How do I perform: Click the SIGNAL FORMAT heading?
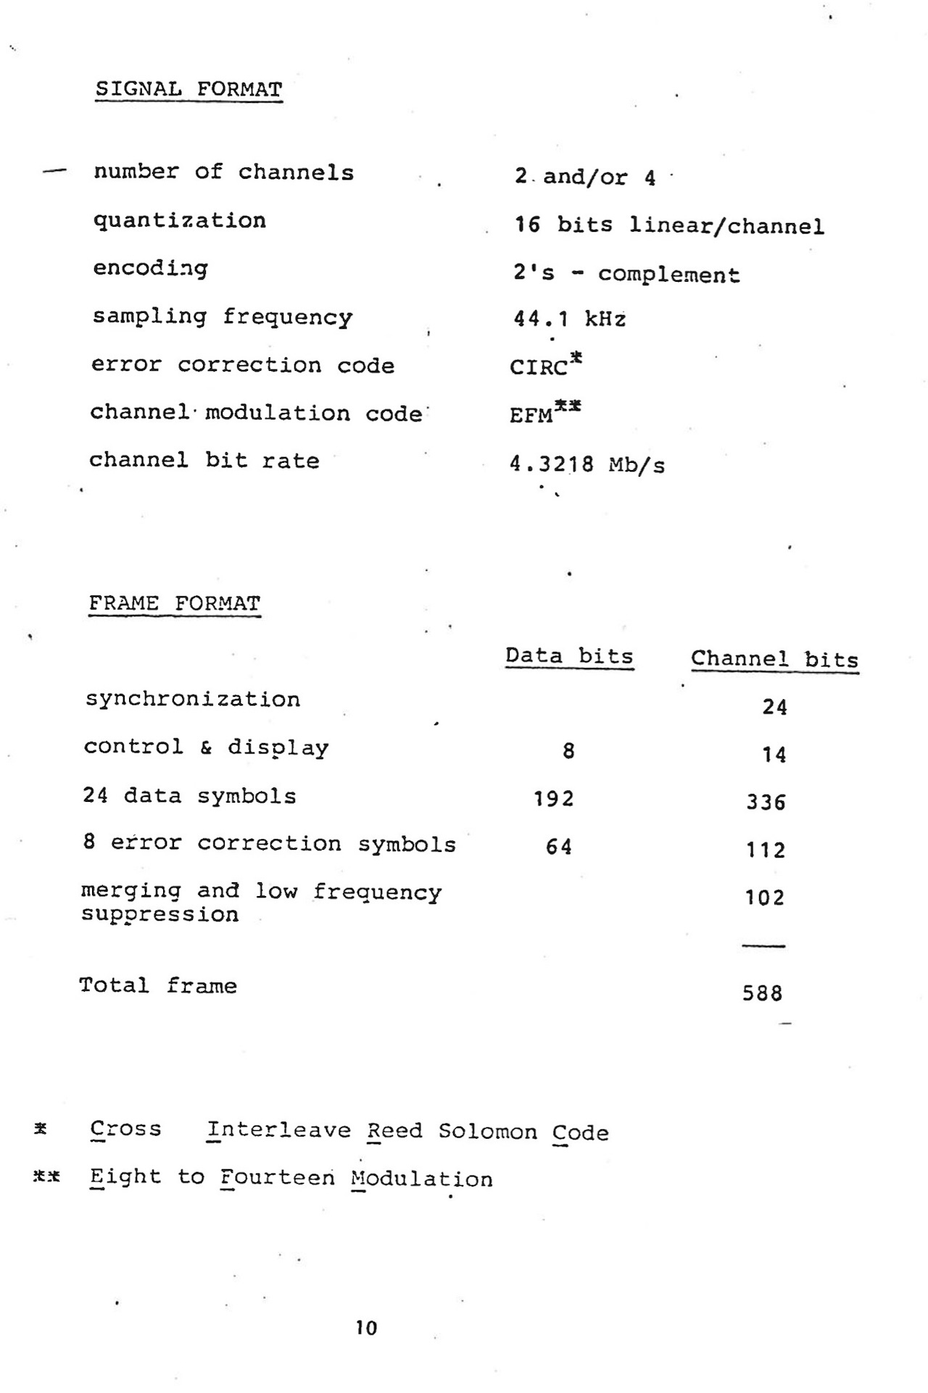coord(188,90)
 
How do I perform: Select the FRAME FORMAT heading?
coord(174,603)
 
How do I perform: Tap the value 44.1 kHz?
coord(569,319)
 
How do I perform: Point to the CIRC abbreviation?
coord(539,367)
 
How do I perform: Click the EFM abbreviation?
coord(531,416)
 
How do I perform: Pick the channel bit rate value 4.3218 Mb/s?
coord(587,464)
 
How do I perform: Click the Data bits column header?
coord(569,656)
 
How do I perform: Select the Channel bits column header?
coord(774,659)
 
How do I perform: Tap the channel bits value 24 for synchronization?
coord(774,707)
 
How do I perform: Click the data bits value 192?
coord(554,799)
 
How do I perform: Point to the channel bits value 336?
coord(766,803)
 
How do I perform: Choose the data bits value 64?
coord(559,847)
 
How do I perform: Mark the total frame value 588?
coord(763,993)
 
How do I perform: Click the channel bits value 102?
coord(765,898)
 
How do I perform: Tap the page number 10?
coord(366,1328)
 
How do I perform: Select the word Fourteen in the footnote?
coord(278,1177)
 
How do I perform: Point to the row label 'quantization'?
coord(180,220)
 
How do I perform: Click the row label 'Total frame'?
coord(158,986)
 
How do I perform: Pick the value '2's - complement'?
coord(627,275)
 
